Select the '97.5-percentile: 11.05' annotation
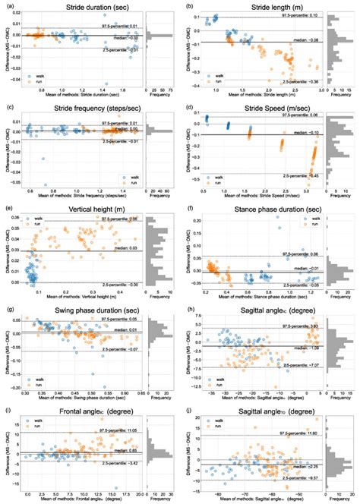coord(118,431)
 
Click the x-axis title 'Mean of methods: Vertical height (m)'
coord(81,291)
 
